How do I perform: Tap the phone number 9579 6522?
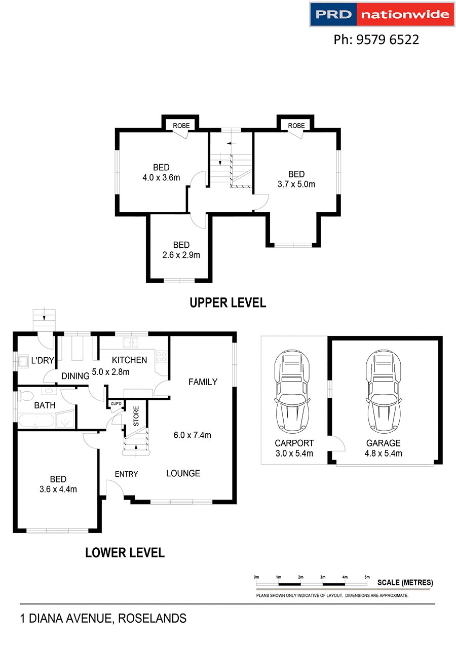(376, 40)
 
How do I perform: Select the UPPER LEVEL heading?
(227, 303)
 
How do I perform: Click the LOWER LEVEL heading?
(125, 552)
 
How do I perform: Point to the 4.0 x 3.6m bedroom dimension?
(162, 177)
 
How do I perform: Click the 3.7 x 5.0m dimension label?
(296, 184)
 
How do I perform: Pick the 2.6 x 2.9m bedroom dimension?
(181, 255)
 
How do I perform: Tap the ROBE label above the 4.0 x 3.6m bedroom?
(181, 126)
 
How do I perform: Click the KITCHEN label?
(130, 360)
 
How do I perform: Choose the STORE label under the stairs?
(136, 416)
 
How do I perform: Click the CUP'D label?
(116, 404)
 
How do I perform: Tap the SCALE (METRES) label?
(405, 583)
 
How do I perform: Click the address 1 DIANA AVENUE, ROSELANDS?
(103, 619)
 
